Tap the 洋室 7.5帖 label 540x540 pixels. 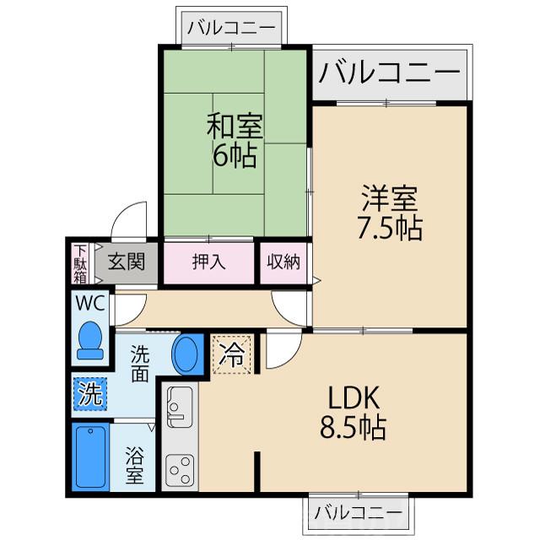pos(390,214)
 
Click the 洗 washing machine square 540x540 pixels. pos(89,392)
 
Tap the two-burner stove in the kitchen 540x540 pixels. pos(179,467)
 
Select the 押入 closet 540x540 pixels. pos(208,262)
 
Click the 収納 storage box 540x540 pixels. pos(283,262)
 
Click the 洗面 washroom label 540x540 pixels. pos(140,364)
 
